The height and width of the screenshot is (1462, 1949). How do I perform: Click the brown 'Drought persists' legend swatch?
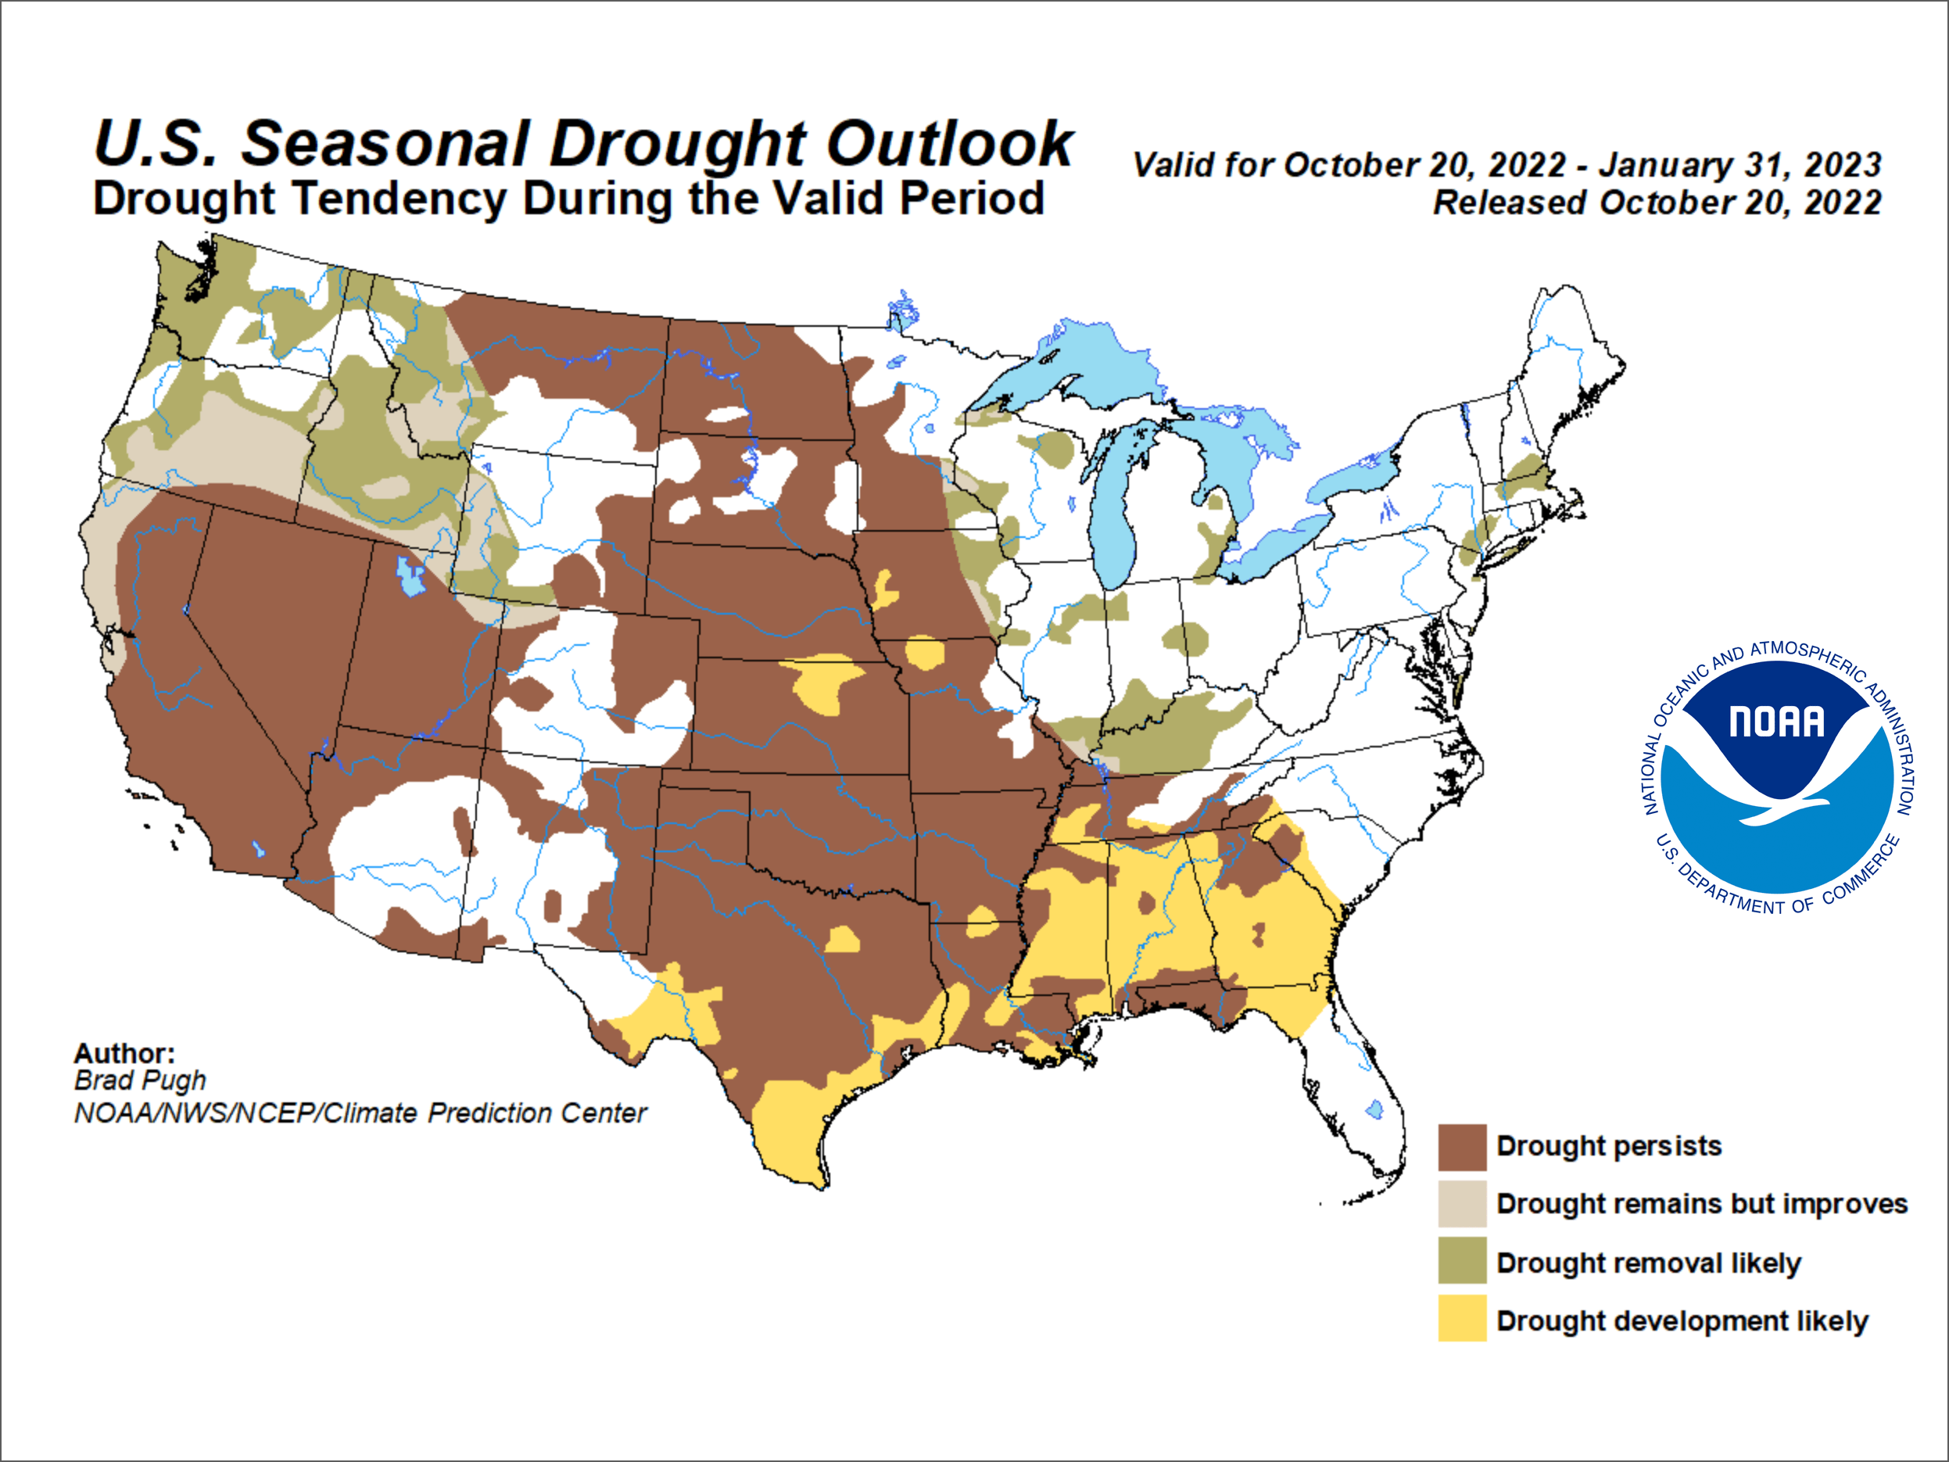pyautogui.click(x=1462, y=1146)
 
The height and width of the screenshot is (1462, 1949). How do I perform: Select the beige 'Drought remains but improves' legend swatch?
pyautogui.click(x=1462, y=1204)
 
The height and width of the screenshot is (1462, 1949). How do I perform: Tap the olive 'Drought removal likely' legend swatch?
pyautogui.click(x=1462, y=1261)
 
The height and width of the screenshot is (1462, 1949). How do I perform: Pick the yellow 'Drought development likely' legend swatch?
pyautogui.click(x=1462, y=1319)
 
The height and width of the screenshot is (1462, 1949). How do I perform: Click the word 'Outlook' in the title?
pyautogui.click(x=949, y=144)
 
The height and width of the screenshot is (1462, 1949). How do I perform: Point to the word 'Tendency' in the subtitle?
pyautogui.click(x=399, y=199)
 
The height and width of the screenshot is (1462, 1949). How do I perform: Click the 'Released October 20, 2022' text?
pyautogui.click(x=1657, y=202)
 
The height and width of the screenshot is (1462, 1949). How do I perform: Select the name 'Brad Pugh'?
pyautogui.click(x=140, y=1080)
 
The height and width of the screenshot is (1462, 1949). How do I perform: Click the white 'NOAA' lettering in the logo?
pyautogui.click(x=1776, y=722)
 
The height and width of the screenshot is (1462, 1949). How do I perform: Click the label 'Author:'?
pyautogui.click(x=124, y=1053)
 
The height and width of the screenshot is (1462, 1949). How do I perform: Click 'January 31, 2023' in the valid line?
pyautogui.click(x=1740, y=165)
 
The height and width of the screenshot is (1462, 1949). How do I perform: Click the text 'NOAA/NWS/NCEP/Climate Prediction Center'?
pyautogui.click(x=360, y=1113)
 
